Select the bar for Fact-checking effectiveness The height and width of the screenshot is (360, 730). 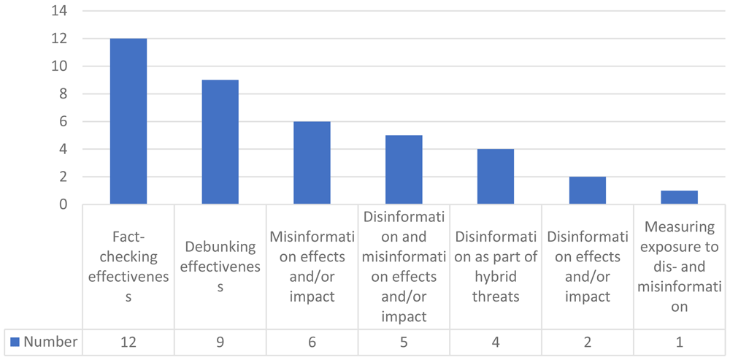click(128, 121)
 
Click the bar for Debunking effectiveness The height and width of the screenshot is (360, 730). click(220, 142)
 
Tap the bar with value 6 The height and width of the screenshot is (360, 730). click(312, 163)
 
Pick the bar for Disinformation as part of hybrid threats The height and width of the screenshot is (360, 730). click(496, 177)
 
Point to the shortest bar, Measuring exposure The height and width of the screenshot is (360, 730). click(679, 197)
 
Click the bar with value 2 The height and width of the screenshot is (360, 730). click(588, 191)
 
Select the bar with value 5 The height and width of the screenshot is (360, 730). click(404, 170)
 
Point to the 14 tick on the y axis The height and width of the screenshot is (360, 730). click(61, 11)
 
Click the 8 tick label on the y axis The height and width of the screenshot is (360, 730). click(64, 94)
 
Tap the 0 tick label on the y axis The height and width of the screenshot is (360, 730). click(64, 204)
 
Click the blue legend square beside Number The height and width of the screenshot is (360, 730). click(15, 342)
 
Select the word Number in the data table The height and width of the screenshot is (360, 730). click(51, 342)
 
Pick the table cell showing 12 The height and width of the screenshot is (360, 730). click(128, 342)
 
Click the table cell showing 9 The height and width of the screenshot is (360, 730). click(220, 342)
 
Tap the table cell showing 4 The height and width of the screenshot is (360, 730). click(496, 342)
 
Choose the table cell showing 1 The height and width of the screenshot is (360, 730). click(679, 342)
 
